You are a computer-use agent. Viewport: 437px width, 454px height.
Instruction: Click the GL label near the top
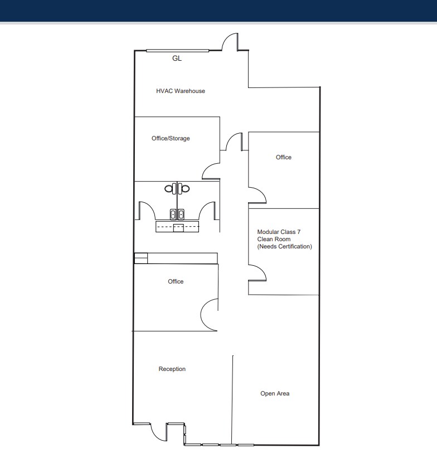point(177,58)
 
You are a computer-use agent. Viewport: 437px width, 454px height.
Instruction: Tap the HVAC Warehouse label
point(181,91)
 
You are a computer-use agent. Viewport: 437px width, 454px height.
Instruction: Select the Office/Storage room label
point(171,138)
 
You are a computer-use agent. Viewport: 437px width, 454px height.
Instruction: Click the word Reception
point(172,369)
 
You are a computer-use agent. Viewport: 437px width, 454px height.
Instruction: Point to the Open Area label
point(275,393)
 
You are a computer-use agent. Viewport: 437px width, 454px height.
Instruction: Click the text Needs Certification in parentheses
point(284,246)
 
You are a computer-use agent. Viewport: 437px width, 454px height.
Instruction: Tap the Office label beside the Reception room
point(176,281)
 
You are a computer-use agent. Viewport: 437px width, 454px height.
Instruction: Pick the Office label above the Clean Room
point(283,157)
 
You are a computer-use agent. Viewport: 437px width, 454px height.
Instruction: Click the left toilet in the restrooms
point(169,189)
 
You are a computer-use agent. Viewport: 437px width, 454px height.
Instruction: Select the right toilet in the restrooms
point(185,189)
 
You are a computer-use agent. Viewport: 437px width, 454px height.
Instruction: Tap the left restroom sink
point(173,213)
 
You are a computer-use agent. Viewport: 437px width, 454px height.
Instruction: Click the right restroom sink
point(182,213)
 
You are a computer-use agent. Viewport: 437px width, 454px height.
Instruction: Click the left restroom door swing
point(145,211)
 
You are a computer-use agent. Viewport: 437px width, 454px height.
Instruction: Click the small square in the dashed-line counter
point(178,227)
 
